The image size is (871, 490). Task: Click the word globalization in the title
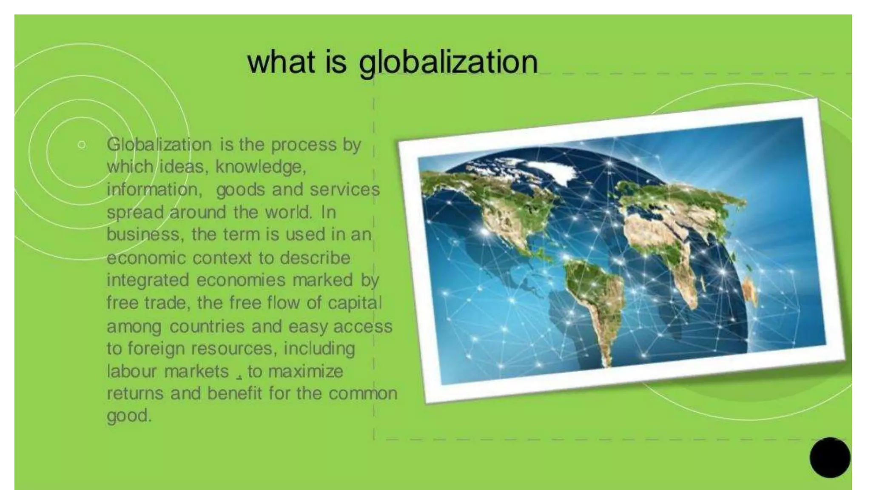click(x=448, y=63)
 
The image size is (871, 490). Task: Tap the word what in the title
click(x=281, y=63)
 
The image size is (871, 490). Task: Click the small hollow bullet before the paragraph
click(x=82, y=145)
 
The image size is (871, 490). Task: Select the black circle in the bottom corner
click(x=830, y=458)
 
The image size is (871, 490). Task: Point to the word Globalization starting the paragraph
click(x=159, y=145)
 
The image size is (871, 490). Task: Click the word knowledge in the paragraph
click(x=260, y=167)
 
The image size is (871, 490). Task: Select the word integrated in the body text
click(x=148, y=280)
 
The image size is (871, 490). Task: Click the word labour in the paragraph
click(x=132, y=371)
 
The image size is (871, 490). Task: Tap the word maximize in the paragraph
click(x=305, y=371)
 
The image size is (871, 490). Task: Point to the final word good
click(x=129, y=416)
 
